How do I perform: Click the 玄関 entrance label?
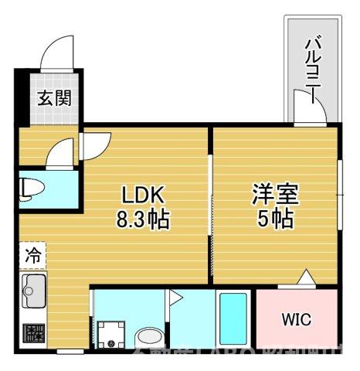(x=53, y=98)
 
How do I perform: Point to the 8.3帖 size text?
(x=143, y=219)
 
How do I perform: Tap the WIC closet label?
(x=296, y=319)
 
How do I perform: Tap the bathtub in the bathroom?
(x=232, y=320)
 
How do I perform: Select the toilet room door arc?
(x=61, y=151)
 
